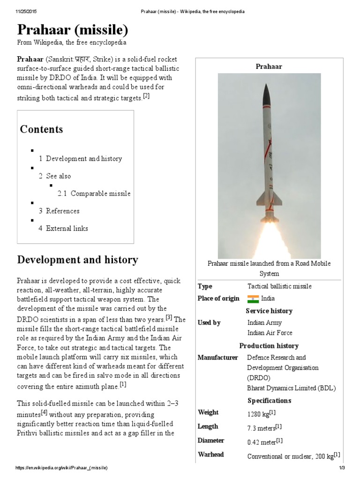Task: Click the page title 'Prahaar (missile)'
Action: click(x=72, y=30)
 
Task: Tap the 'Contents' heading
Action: click(x=41, y=129)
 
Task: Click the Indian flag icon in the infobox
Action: click(x=253, y=299)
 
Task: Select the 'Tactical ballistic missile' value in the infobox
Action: click(x=279, y=286)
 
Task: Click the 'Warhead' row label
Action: click(x=211, y=454)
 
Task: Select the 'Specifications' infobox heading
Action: click(x=269, y=400)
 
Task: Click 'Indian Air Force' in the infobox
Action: click(x=270, y=333)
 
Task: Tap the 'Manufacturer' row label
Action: click(x=218, y=358)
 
